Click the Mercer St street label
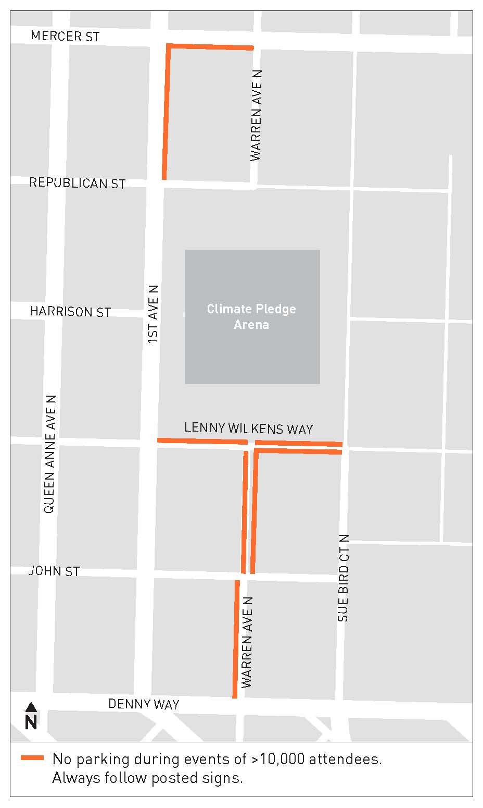coord(65,36)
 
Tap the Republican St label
coord(77,183)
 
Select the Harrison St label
coord(70,312)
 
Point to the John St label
coord(54,571)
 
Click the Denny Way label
coord(144,704)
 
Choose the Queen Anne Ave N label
coord(49,454)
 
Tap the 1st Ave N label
coord(153,314)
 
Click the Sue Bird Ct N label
coord(343,578)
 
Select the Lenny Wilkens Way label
coord(248,429)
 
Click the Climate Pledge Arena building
coord(252,316)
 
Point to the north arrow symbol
coord(31,707)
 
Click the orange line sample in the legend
coord(32,758)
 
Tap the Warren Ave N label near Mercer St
coord(256,115)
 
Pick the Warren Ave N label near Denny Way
coord(247,642)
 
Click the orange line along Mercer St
coord(210,47)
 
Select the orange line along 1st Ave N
coord(167,112)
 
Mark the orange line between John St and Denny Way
coord(236,639)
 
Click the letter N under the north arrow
coord(31,722)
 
